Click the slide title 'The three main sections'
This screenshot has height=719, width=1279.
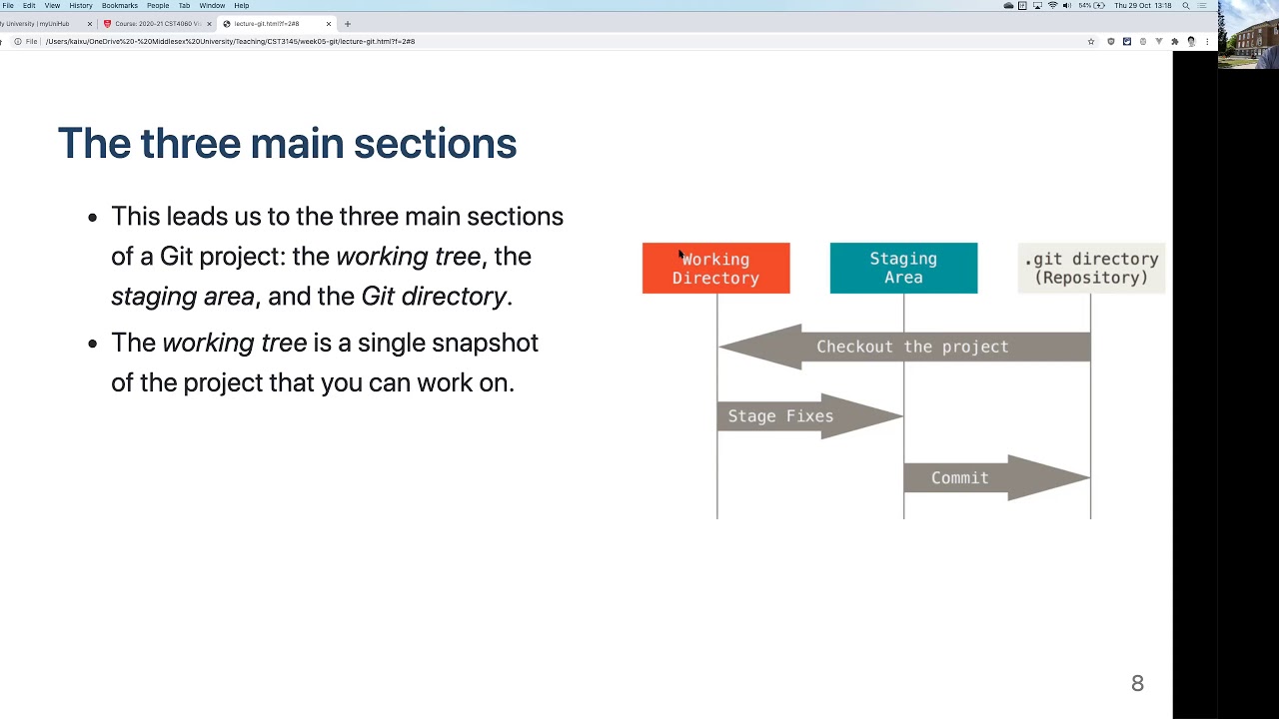pos(287,144)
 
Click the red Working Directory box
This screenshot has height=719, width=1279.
pos(715,269)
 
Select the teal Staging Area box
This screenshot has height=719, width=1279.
pos(903,269)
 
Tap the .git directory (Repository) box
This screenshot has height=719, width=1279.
pos(1091,269)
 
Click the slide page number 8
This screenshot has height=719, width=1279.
pos(1137,684)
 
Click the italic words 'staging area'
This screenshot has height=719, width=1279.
pos(183,297)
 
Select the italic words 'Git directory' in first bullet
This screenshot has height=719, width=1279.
pos(434,297)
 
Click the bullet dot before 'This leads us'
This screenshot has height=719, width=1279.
pos(93,218)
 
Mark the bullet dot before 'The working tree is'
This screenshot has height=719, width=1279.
pos(93,344)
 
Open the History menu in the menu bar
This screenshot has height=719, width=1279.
pos(81,6)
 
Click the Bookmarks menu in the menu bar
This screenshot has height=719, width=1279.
pos(119,6)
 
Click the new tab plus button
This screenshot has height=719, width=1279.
pos(348,24)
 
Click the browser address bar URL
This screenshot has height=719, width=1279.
pos(230,42)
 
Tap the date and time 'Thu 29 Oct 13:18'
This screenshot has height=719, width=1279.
pos(1142,6)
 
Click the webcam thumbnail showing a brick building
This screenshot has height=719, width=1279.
pos(1248,34)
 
